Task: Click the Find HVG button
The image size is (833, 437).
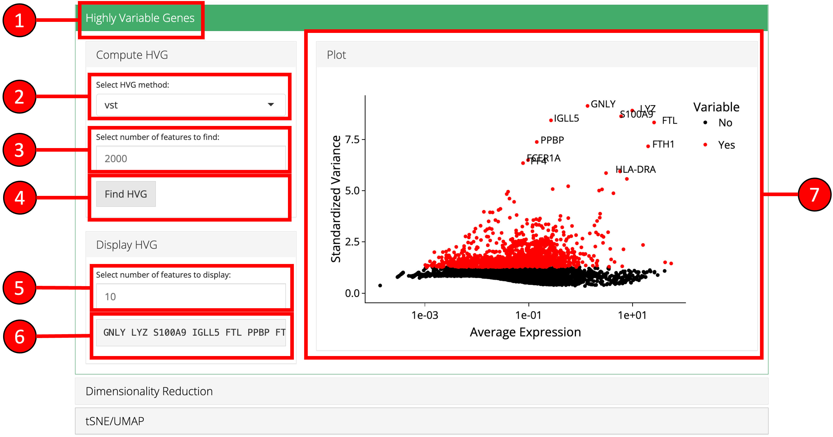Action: [x=126, y=194]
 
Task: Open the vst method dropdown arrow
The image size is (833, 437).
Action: [x=271, y=105]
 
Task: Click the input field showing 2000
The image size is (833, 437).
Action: [x=191, y=158]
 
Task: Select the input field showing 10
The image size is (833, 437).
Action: [x=191, y=296]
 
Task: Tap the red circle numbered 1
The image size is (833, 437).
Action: [x=19, y=20]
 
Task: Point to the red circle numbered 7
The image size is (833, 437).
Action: [x=814, y=195]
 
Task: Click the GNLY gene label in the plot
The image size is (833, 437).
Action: [x=603, y=104]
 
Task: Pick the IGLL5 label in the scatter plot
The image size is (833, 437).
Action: [x=566, y=118]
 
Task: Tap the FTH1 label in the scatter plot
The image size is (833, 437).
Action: [x=663, y=144]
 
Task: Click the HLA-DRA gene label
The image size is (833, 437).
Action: [x=636, y=169]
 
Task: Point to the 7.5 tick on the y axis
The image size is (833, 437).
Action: [x=352, y=140]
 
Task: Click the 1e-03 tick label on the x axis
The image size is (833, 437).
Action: [x=424, y=315]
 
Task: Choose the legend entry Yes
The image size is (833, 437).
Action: [x=726, y=145]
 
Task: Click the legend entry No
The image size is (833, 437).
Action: [x=725, y=123]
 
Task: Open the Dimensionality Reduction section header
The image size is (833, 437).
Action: [x=149, y=391]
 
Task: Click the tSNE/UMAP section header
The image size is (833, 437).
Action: [x=115, y=421]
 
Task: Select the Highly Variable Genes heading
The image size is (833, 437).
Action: [x=140, y=18]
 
